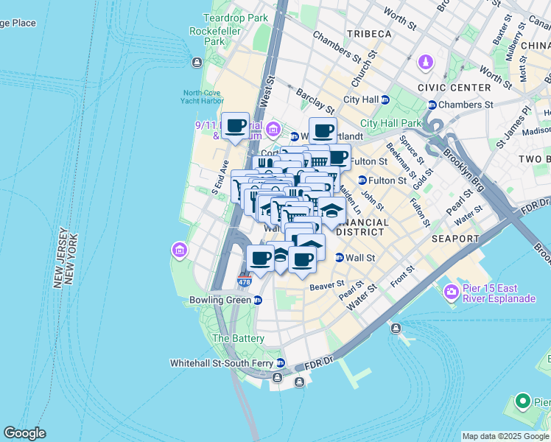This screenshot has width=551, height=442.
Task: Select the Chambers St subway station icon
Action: point(432,105)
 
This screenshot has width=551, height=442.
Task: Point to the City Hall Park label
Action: point(390,123)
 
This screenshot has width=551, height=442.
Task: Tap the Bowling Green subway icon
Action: point(258,301)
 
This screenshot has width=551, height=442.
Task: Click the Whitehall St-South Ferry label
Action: point(222,363)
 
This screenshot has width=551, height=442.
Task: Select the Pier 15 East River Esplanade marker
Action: point(452,292)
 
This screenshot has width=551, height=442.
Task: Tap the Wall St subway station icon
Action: point(340,258)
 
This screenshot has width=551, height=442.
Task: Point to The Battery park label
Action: point(238,338)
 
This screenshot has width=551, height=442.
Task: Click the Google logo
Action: point(25,433)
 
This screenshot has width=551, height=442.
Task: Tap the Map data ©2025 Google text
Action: point(506,436)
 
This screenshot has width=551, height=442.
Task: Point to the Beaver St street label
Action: point(327,284)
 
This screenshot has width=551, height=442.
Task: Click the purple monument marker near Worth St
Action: point(426,65)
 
